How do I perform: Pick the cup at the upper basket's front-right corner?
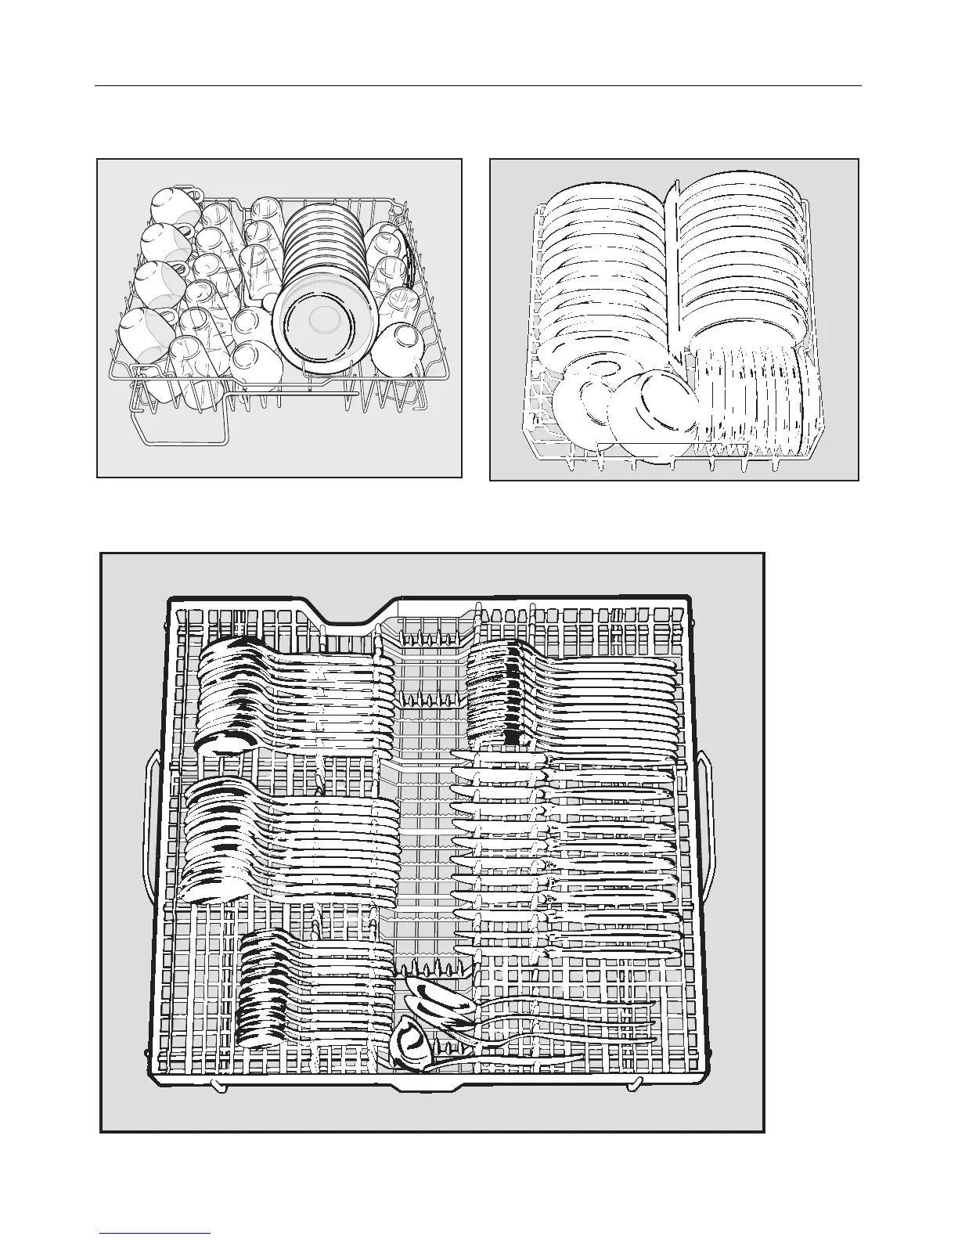pyautogui.click(x=399, y=348)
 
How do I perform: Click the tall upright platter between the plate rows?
pyautogui.click(x=675, y=266)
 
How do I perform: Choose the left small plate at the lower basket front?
pyautogui.click(x=583, y=407)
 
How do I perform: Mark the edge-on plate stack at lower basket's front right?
pyautogui.click(x=755, y=399)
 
